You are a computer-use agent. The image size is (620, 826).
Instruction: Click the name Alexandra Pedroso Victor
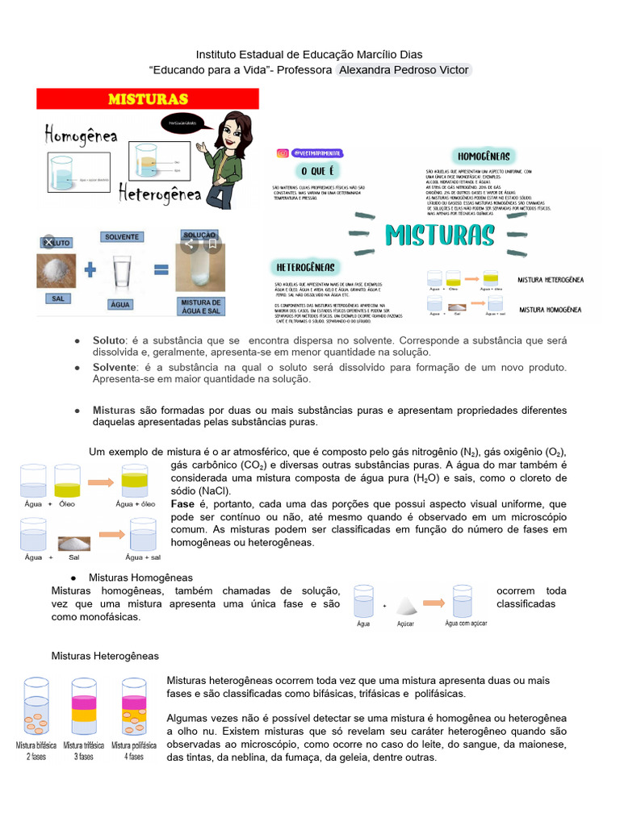[404, 70]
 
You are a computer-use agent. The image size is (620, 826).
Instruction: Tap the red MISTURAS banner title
[148, 98]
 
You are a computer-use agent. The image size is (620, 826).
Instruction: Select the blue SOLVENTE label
[121, 237]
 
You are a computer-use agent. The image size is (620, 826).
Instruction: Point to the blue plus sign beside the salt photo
[90, 269]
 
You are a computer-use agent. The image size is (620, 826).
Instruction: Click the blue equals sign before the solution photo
[160, 269]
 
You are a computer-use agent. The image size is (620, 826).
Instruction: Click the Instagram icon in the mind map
[283, 152]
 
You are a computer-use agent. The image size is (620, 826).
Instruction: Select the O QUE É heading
[316, 171]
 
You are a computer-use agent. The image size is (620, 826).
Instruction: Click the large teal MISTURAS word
[439, 235]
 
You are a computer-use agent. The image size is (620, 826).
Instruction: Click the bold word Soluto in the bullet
[111, 340]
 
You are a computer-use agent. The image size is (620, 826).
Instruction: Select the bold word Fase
[183, 503]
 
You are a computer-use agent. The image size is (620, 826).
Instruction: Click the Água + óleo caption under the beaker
[136, 504]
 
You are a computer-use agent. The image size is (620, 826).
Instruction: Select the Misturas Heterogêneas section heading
[105, 656]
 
